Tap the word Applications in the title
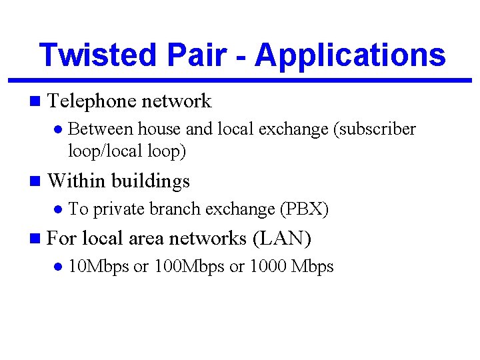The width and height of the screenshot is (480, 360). pos(350,55)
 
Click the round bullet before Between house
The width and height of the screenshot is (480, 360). pos(58,129)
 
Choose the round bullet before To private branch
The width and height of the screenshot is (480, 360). pos(58,209)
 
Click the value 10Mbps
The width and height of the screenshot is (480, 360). pos(99,267)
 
